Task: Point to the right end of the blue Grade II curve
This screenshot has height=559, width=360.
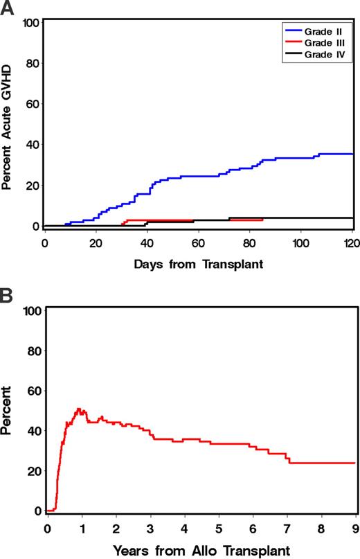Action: pos(353,154)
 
